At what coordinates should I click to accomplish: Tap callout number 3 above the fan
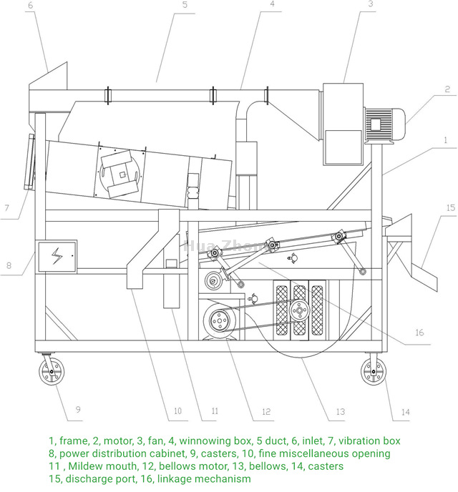pos(371,4)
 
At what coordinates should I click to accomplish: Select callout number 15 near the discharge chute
pos(449,207)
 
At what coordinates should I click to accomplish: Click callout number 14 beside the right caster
pos(405,411)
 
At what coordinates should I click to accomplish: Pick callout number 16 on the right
pos(419,333)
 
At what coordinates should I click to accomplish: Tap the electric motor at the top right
pos(386,125)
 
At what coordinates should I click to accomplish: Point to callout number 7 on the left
pos(5,208)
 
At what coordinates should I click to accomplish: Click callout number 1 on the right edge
pos(444,141)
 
